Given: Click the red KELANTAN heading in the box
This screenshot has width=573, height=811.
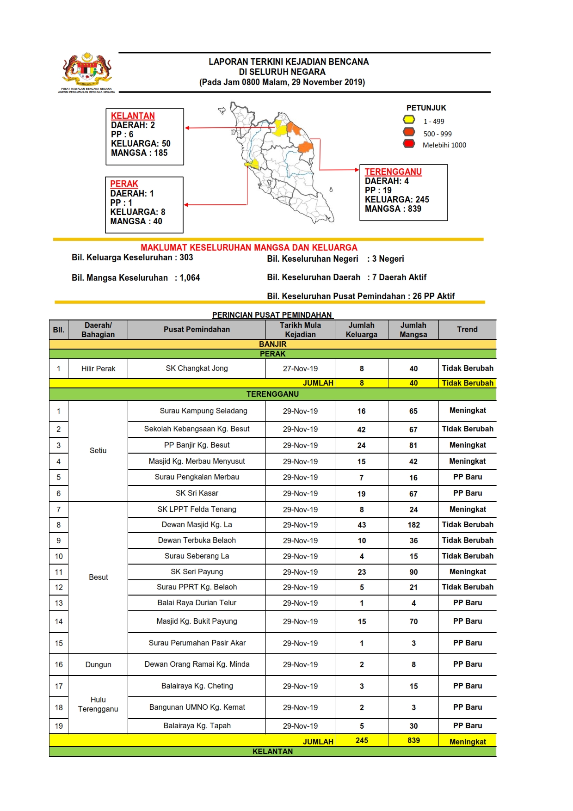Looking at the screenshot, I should (133, 116).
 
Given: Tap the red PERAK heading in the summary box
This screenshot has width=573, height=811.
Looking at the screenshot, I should (124, 184).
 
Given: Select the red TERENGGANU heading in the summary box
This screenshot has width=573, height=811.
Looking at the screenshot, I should (393, 172).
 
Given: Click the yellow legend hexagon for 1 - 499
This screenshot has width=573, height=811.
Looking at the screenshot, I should (409, 120).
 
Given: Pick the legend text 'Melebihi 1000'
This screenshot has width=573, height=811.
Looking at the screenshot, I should (444, 145).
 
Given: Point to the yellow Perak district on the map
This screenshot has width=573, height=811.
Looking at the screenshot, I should (253, 164).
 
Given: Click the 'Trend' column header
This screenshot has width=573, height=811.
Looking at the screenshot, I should (467, 330).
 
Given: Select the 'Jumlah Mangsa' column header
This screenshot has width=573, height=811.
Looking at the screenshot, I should (413, 330).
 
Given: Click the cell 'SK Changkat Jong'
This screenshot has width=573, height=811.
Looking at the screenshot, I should (197, 369).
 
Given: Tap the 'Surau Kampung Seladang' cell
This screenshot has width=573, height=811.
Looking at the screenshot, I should (203, 411).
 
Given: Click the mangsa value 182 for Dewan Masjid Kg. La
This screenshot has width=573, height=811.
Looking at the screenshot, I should (413, 525).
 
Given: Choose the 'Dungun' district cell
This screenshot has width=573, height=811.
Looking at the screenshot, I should (98, 665).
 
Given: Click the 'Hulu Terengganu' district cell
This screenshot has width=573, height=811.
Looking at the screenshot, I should (98, 705).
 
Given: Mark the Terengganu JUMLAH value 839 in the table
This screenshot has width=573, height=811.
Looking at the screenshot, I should (413, 741).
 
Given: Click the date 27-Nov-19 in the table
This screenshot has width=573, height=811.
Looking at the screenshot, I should (300, 369).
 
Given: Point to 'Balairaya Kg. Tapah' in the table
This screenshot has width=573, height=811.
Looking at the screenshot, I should (197, 726).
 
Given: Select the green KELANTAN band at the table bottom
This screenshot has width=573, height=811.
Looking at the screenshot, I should (272, 752).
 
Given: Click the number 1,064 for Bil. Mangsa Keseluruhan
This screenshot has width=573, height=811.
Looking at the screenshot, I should (190, 278).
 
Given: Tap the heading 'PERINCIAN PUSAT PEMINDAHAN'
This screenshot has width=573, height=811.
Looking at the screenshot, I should (272, 315).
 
